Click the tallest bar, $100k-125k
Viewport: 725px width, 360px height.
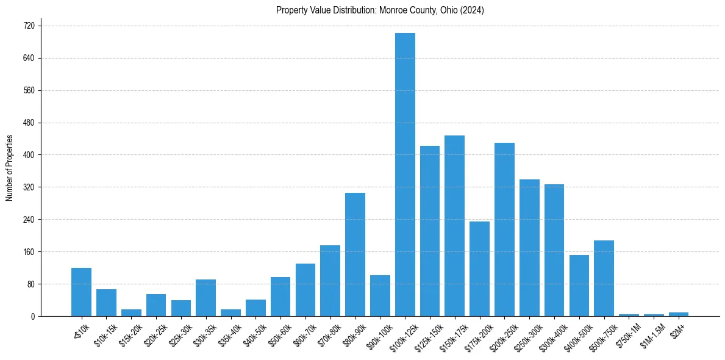[405, 175]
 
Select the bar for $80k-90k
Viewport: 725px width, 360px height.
[355, 254]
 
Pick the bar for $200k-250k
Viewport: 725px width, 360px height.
[504, 229]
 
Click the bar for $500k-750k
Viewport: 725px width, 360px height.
[604, 278]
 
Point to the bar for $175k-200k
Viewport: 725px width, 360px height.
[479, 268]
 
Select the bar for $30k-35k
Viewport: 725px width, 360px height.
[205, 298]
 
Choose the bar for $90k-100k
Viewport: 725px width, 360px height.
[380, 296]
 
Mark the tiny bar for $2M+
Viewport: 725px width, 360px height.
[678, 314]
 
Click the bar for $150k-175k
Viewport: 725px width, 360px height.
[454, 226]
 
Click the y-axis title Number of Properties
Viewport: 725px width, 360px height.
[9, 167]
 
